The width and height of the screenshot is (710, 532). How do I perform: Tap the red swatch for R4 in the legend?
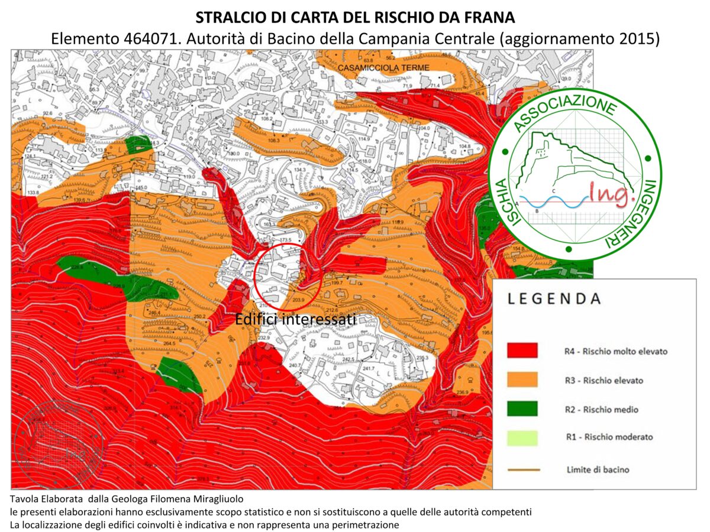(x=522, y=351)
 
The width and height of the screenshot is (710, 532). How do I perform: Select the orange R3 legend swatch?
(x=522, y=379)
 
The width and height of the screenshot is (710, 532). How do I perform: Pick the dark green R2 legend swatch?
(x=522, y=408)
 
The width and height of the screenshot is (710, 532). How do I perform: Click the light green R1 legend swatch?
(x=522, y=437)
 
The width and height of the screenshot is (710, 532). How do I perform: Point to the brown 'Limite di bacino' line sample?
(x=523, y=470)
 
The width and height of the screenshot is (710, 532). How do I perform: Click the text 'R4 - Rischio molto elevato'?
(x=615, y=351)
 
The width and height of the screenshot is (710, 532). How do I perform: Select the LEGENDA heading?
(x=554, y=299)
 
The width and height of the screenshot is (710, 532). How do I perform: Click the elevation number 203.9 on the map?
(x=298, y=300)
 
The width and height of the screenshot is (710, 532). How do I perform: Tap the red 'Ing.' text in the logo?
(x=609, y=194)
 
